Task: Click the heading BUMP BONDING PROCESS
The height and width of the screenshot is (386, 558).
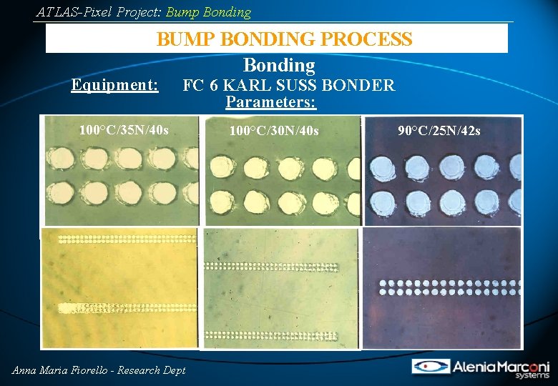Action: click(x=284, y=39)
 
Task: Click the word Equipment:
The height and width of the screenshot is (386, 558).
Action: click(x=114, y=85)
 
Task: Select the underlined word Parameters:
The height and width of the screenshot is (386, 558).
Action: click(x=271, y=102)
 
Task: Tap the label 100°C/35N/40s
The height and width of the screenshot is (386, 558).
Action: click(x=124, y=130)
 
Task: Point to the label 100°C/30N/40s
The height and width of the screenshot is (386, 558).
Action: click(x=274, y=131)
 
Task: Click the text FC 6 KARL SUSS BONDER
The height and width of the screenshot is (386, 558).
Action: click(x=288, y=86)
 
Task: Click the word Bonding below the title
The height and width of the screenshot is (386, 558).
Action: click(x=279, y=66)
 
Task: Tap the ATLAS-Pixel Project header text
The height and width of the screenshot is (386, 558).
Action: click(x=143, y=12)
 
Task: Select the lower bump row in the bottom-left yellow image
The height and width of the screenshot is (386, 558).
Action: click(x=122, y=308)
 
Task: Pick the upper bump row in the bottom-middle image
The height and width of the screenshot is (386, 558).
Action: click(x=279, y=266)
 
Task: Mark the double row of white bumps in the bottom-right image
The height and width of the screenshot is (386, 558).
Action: click(x=447, y=287)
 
